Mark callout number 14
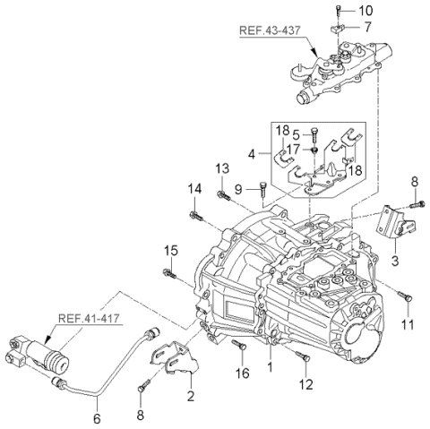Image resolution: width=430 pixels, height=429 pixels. (x=193, y=188)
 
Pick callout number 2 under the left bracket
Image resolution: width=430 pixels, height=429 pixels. (x=191, y=394)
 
